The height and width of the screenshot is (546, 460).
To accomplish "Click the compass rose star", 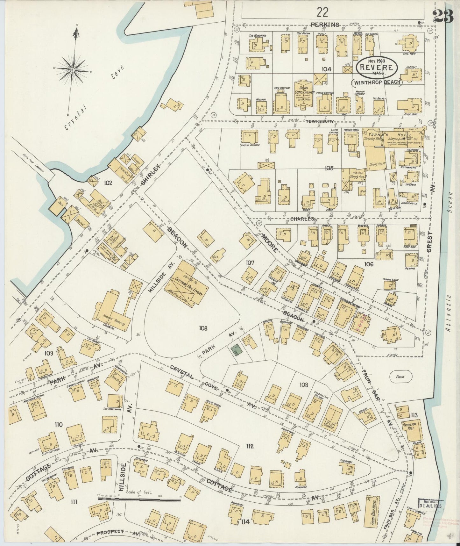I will (x=73, y=69).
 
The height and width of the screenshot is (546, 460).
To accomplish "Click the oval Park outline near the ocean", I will (x=401, y=377).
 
